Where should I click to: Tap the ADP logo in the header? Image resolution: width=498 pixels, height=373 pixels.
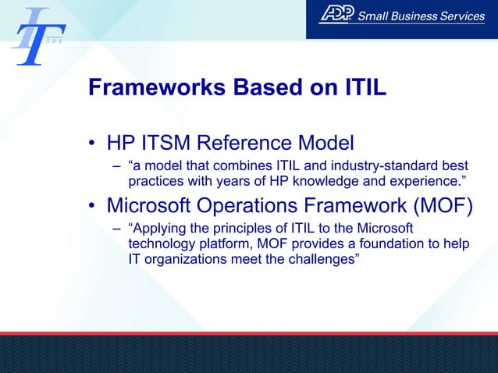(x=336, y=16)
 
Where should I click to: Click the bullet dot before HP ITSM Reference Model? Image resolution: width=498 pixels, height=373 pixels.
(x=93, y=144)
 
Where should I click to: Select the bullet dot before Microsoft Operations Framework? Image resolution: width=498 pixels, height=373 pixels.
(x=93, y=207)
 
